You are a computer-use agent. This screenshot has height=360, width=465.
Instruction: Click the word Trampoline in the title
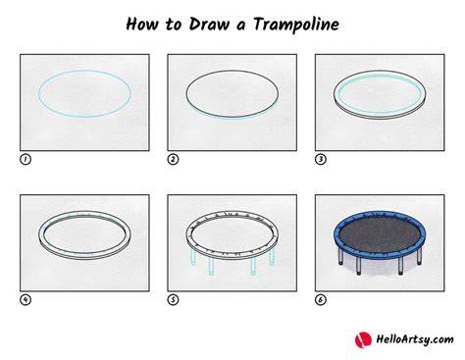pos(296,25)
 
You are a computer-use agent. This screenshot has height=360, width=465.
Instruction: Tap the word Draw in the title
pos(209,24)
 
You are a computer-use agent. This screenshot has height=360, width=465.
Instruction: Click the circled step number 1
pos(26,159)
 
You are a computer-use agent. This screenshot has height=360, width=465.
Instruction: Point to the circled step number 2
pos(173,159)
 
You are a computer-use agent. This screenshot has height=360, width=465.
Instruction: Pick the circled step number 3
pos(321,159)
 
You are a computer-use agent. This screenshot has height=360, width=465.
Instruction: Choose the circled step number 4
pos(26,299)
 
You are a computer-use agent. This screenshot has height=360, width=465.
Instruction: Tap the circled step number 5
pos(173,299)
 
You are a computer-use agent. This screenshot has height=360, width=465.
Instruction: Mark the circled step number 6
pos(321,299)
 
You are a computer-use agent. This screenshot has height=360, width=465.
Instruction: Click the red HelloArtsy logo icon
pos(363,339)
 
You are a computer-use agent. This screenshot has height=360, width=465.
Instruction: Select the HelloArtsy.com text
pos(415,339)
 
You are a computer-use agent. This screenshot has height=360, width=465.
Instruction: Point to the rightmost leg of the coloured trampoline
pos(419,256)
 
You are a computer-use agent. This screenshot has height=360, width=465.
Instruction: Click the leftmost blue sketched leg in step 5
pos(193,255)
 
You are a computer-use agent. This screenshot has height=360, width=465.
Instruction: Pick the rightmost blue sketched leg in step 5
pos(272,256)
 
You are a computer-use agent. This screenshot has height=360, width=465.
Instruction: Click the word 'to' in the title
pos(173,25)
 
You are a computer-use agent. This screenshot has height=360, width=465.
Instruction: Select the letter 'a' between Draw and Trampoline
pos(240,26)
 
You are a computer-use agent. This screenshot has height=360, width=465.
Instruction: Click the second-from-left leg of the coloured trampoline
pos(359,266)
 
